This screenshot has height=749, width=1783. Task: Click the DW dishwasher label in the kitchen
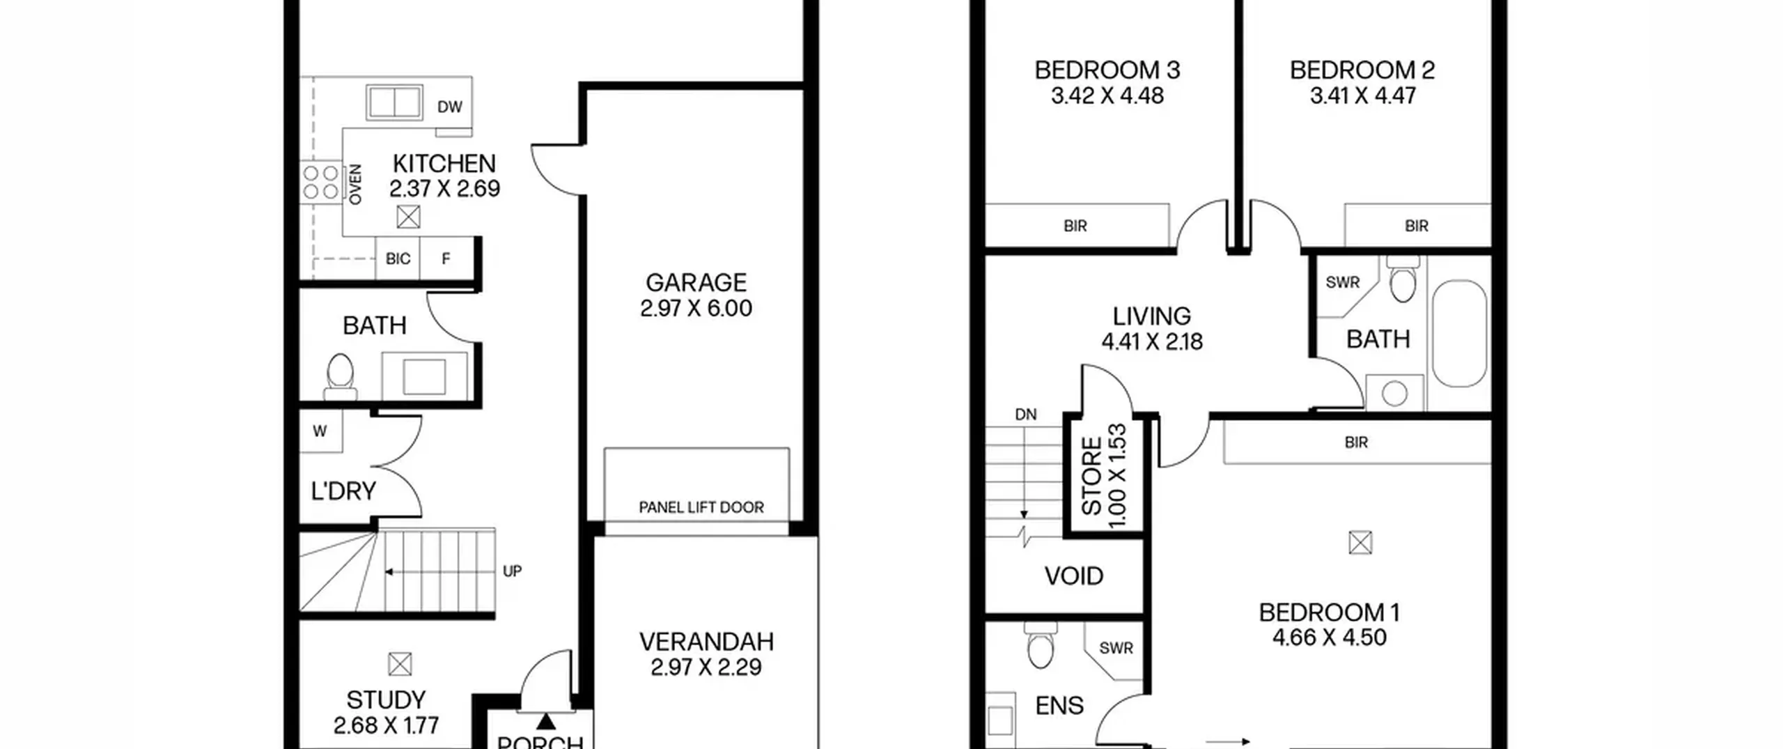coord(449,107)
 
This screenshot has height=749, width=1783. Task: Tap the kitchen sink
coord(394,102)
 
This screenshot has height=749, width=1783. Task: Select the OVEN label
coord(355,185)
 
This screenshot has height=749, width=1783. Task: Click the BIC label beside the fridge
coord(398,258)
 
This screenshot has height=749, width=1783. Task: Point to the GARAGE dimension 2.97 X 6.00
coord(696,308)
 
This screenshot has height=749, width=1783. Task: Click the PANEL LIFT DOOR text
coord(701,507)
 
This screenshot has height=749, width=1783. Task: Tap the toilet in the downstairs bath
coord(341,376)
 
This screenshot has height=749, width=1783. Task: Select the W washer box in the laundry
coord(320,431)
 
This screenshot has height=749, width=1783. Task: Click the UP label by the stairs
coord(512,571)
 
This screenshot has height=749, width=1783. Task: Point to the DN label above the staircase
coord(1025,415)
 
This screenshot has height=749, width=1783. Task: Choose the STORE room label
coord(1091,477)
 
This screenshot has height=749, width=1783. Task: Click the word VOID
coord(1073,576)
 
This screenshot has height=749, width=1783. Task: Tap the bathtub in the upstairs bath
coord(1460,333)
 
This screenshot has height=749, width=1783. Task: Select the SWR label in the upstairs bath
coord(1342,282)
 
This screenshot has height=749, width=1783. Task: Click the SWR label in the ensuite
coord(1116,648)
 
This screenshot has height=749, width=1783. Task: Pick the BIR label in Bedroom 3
coord(1075,226)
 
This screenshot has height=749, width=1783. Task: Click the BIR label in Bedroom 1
coord(1356,442)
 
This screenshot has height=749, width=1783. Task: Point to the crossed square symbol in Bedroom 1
coord(1360,542)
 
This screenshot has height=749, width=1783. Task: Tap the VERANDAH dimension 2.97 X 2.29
coord(706,667)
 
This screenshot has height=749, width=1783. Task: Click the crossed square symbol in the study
coord(400,664)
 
